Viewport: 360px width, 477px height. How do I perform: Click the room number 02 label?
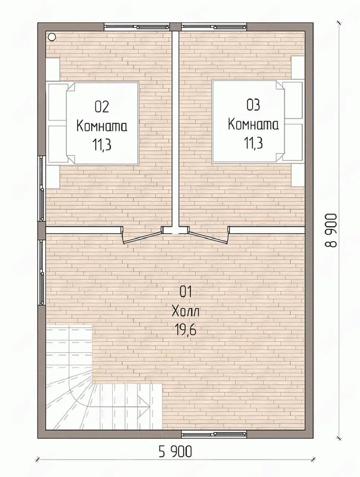pyautogui.click(x=102, y=107)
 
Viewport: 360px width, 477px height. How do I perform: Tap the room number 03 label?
pyautogui.click(x=253, y=105)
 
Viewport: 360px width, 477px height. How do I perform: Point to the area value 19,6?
pyautogui.click(x=185, y=330)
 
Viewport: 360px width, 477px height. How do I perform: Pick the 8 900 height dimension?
pyautogui.click(x=331, y=231)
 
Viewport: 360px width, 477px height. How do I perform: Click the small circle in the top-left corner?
pyautogui.click(x=52, y=37)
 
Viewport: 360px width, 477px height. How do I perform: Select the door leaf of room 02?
pyautogui.click(x=142, y=237)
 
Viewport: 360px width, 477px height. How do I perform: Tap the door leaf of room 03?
pyautogui.click(x=209, y=237)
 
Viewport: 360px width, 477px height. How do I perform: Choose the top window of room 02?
pyautogui.click(x=137, y=27)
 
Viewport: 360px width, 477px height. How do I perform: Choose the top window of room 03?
pyautogui.click(x=214, y=27)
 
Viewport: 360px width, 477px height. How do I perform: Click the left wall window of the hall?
pyautogui.click(x=42, y=272)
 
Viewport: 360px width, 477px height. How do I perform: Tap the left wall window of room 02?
pyautogui.click(x=42, y=189)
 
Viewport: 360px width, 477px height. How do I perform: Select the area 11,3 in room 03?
pyautogui.click(x=253, y=143)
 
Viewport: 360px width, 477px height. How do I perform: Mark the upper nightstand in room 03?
pyautogui.click(x=298, y=67)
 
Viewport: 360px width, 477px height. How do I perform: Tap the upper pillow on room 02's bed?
pyautogui.click(x=57, y=102)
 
